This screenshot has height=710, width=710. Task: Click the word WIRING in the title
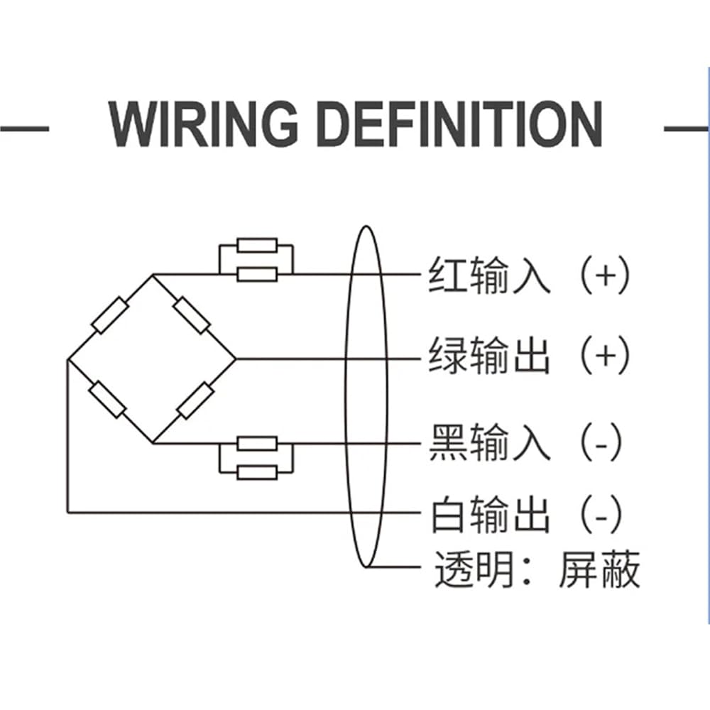tap(203, 124)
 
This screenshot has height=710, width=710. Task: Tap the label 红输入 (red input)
tap(489, 275)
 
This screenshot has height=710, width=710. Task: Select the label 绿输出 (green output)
tap(489, 355)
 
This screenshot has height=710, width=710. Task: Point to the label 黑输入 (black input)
tap(489, 442)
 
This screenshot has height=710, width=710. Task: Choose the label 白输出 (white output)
tap(491, 514)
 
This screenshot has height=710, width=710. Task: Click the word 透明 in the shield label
tap(474, 569)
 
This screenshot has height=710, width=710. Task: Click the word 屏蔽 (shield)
tap(599, 569)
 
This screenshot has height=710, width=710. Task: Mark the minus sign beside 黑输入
tap(601, 446)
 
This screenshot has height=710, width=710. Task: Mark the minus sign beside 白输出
tap(601, 518)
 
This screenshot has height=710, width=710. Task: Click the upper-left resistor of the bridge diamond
tap(110, 315)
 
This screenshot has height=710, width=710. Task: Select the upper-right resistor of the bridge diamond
tap(192, 315)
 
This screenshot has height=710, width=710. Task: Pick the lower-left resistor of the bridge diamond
tap(107, 399)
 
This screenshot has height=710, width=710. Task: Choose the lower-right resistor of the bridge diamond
tap(195, 400)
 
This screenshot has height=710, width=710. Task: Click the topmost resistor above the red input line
tap(257, 246)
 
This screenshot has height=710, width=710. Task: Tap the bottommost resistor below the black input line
tap(257, 473)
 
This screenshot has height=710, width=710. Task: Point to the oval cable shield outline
tap(346, 397)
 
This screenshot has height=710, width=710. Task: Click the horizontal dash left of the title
tap(24, 129)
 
